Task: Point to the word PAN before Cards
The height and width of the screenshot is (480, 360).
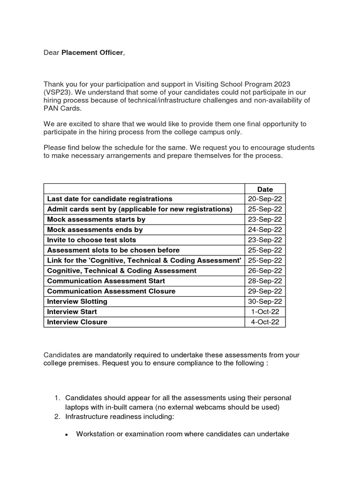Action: tap(52, 108)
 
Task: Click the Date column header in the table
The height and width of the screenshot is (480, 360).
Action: tap(265, 189)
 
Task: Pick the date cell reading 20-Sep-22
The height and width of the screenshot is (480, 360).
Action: tap(265, 199)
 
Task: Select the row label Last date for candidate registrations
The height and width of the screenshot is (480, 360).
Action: tap(110, 199)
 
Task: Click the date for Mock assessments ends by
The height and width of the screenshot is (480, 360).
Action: tap(265, 230)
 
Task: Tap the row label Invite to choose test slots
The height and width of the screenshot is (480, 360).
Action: tap(91, 240)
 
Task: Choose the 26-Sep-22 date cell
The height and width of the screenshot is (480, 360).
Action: tap(265, 271)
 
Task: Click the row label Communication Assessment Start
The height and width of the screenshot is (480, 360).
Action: tap(106, 281)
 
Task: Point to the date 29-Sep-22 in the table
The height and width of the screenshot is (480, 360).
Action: tap(265, 292)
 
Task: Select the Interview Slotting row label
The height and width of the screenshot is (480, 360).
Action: tap(77, 301)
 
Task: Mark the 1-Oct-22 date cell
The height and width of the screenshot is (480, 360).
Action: tap(265, 312)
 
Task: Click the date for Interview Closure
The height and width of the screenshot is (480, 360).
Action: tap(265, 322)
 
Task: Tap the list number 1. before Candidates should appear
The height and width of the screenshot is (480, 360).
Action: tap(57, 398)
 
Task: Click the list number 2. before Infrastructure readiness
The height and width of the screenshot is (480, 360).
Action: tap(57, 416)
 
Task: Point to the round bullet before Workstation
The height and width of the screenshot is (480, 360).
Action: tap(67, 435)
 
